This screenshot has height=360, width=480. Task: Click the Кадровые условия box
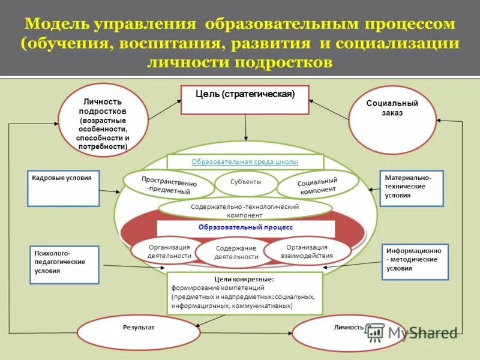tap(64, 188)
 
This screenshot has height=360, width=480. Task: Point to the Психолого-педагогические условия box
tap(64, 265)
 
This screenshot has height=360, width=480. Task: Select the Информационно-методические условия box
tap(415, 262)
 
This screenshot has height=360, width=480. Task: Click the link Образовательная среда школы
tap(245, 162)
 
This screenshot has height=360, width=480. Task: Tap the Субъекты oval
tap(246, 182)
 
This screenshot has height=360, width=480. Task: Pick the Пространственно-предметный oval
tap(169, 185)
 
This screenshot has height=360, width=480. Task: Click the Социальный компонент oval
tap(317, 184)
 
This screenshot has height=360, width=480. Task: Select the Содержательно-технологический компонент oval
tap(245, 209)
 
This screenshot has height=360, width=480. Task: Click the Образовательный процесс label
tap(245, 228)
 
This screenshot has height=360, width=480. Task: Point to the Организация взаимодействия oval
tap(307, 251)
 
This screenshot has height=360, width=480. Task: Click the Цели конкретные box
tap(245, 293)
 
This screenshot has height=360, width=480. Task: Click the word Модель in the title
tap(57, 25)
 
